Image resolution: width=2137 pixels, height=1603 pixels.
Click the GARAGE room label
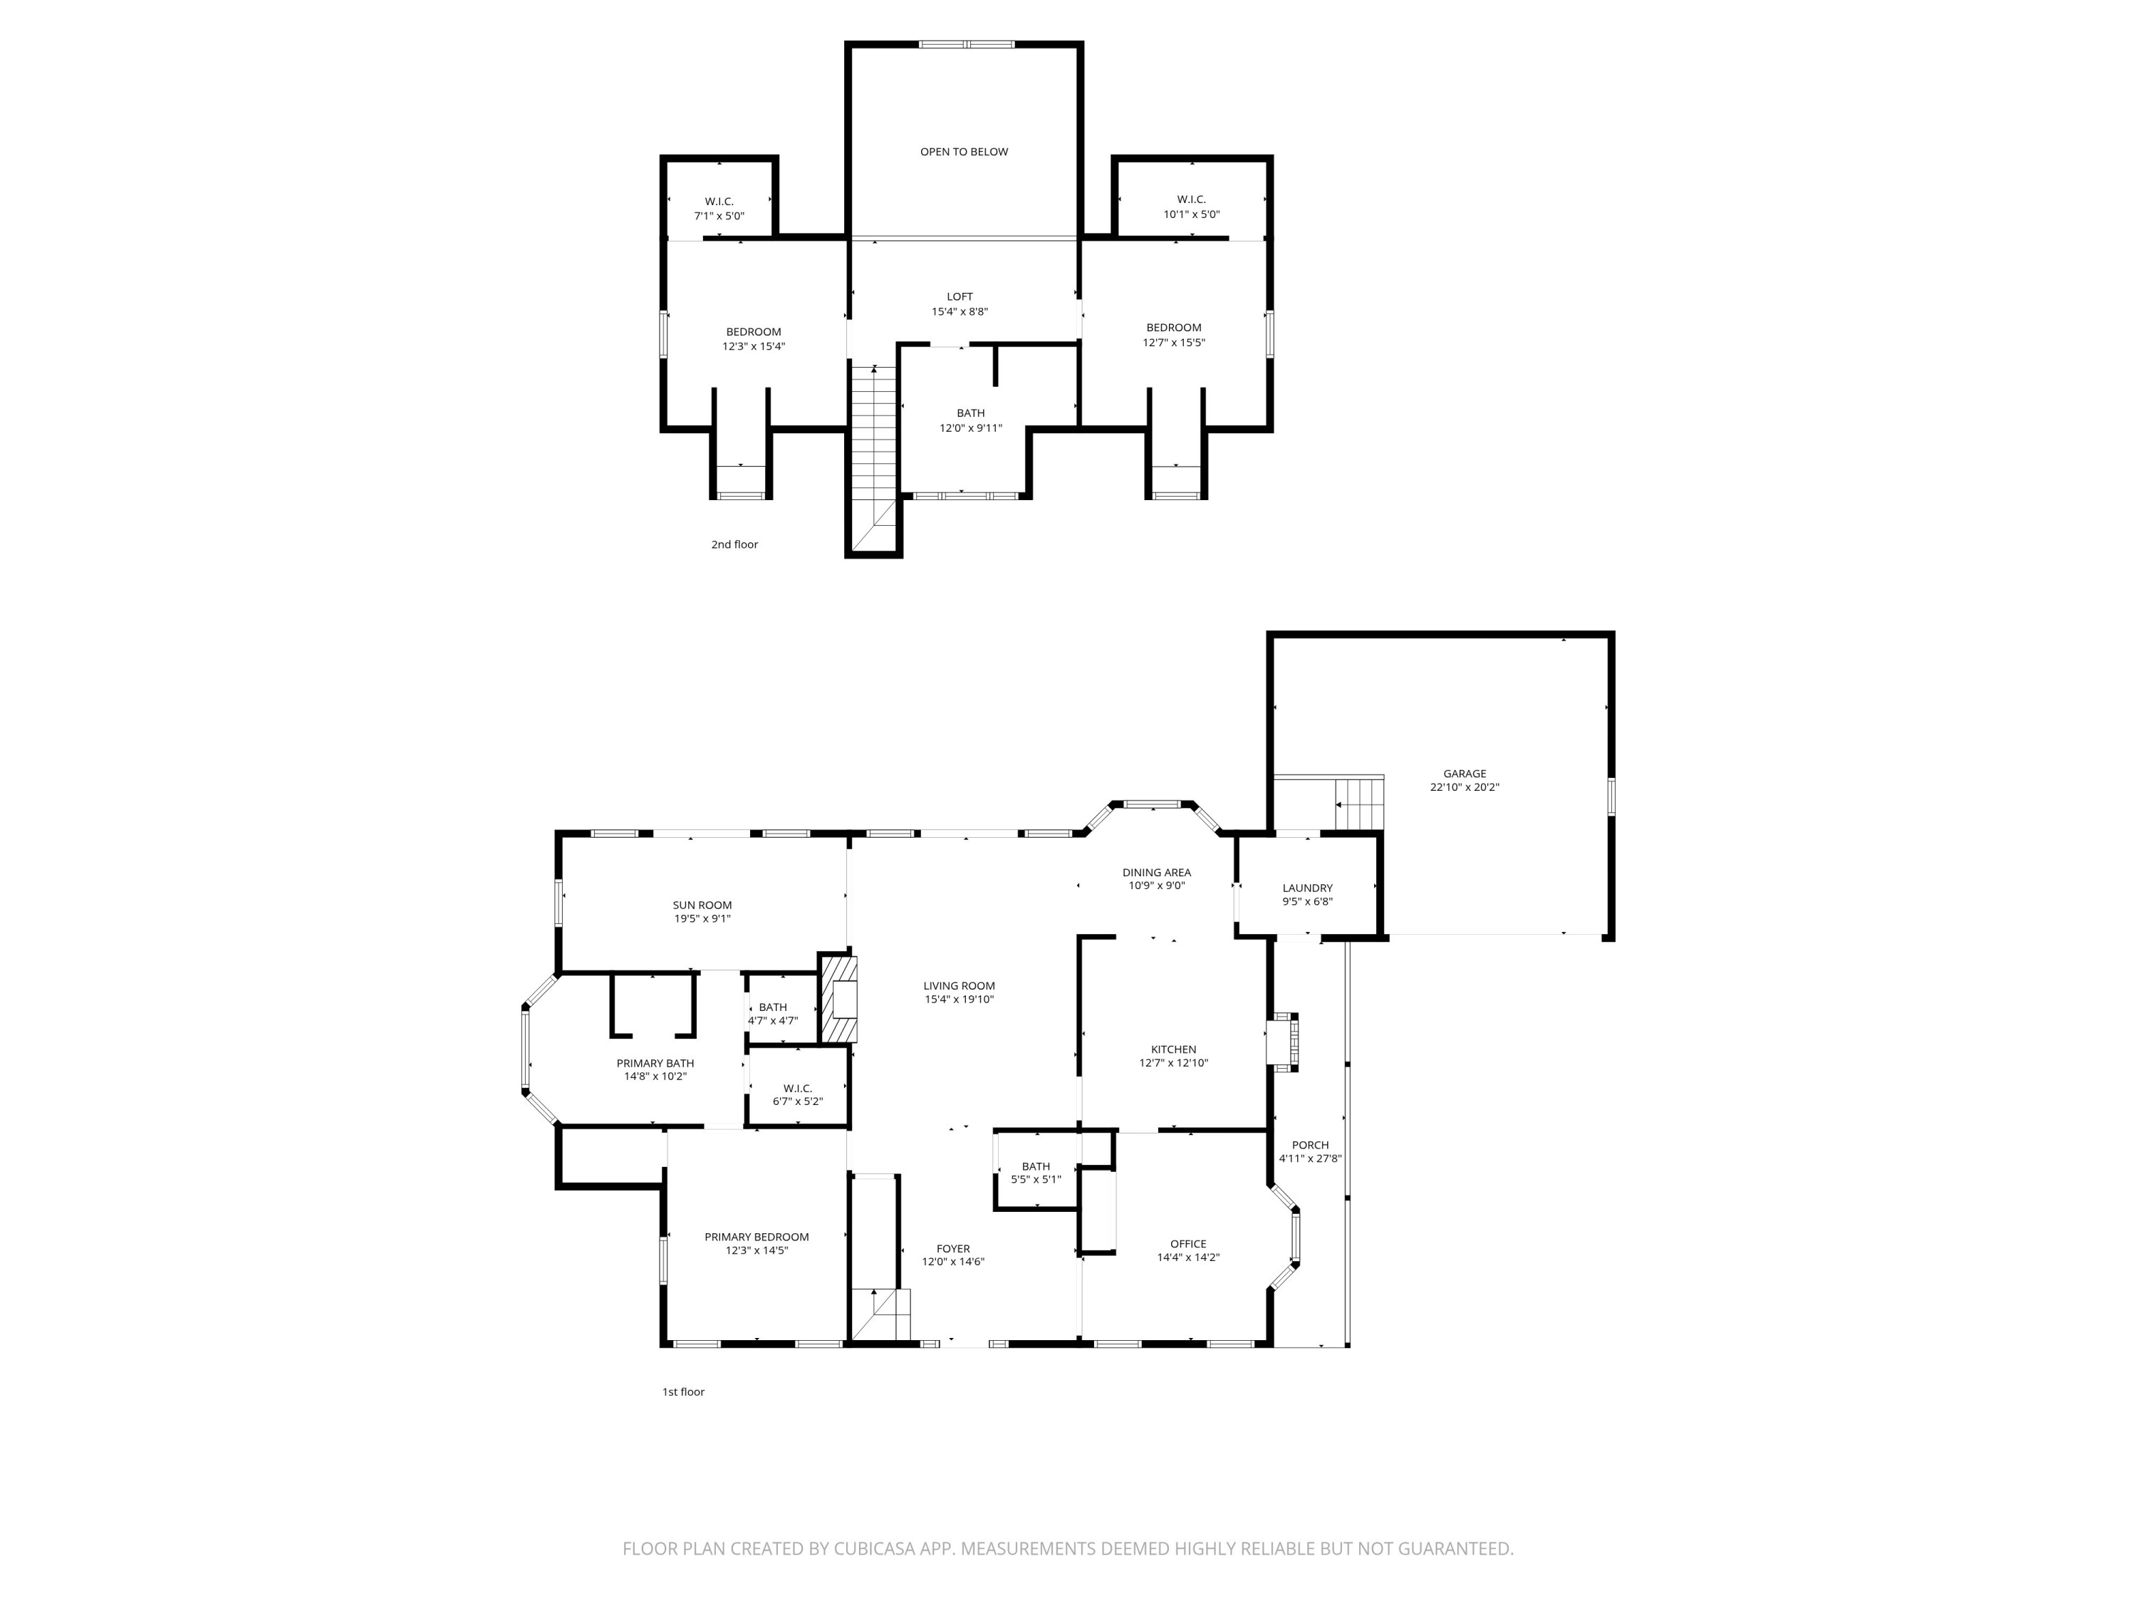tap(1464, 773)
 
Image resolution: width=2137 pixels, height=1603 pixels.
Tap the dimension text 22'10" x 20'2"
tap(1464, 787)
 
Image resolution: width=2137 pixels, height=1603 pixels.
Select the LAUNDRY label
tap(1307, 888)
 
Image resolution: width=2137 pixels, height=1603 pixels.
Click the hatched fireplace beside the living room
tap(838, 999)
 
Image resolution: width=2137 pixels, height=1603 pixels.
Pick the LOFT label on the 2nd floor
tap(960, 296)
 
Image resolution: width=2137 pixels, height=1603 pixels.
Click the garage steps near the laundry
tap(1359, 803)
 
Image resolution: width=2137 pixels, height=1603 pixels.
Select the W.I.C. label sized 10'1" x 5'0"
tap(1190, 199)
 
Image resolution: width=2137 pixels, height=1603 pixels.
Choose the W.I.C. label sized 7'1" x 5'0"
tap(719, 201)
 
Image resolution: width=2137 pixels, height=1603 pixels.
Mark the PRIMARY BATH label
tap(655, 1063)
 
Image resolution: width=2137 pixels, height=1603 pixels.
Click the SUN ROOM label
tap(702, 906)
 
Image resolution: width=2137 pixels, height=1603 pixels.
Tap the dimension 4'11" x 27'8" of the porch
tap(1310, 1158)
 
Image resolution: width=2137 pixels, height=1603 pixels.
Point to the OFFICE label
tap(1187, 1243)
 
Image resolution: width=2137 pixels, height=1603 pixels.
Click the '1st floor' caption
tap(683, 1391)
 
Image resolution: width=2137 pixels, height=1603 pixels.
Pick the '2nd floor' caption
tap(734, 544)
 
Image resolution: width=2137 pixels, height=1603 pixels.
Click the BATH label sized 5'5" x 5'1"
tap(1036, 1166)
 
